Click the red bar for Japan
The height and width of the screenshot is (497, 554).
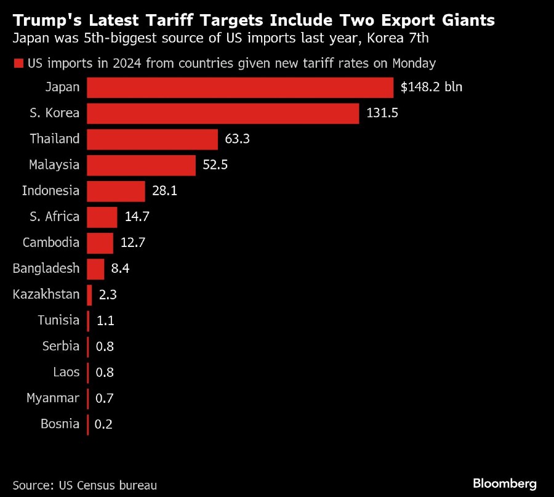click(240, 87)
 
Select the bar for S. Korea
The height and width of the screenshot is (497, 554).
click(223, 113)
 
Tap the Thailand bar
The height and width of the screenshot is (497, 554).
click(152, 139)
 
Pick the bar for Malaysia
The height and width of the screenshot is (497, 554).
click(141, 165)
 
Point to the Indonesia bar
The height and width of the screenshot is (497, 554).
click(116, 191)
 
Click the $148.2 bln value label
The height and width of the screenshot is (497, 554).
click(431, 87)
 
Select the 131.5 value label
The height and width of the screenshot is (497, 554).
click(381, 113)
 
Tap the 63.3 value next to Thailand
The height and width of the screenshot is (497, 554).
click(237, 139)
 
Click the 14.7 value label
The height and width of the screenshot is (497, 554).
click(137, 217)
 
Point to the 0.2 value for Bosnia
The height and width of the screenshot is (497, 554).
click(104, 424)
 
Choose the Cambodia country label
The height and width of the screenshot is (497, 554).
click(51, 243)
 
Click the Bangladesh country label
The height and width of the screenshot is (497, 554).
click(46, 269)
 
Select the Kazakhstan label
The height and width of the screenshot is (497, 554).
click(46, 294)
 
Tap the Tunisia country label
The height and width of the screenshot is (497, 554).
click(58, 320)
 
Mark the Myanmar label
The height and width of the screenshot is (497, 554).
click(53, 398)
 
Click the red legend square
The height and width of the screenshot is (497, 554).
click(18, 63)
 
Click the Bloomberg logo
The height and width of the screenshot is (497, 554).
click(505, 483)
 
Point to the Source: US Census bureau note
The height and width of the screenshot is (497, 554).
click(85, 485)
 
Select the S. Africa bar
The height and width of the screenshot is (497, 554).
click(102, 217)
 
